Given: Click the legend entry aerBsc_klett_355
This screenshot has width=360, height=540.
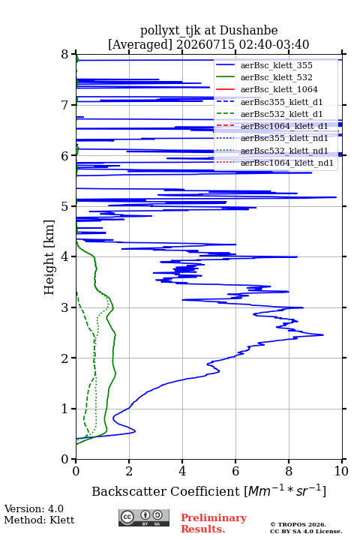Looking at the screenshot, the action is click(276, 65).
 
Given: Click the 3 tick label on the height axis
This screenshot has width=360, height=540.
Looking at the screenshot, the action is click(65, 307).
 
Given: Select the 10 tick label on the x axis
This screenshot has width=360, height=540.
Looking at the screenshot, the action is click(341, 471).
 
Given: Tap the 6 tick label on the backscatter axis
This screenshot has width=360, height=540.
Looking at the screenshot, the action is click(235, 471).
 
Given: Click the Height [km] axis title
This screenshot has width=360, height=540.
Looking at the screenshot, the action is click(49, 257).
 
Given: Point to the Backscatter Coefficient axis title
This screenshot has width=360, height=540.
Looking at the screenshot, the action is click(208, 490).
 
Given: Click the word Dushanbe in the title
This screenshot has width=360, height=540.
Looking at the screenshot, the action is click(248, 31).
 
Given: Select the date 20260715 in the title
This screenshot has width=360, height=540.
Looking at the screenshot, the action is click(205, 45).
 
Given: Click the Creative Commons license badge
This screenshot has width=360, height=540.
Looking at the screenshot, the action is click(144, 517).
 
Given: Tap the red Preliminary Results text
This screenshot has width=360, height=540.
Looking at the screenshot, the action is click(214, 523).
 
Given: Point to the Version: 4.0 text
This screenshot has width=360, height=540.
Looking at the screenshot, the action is click(34, 508).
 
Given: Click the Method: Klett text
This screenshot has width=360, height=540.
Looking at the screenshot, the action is click(39, 520).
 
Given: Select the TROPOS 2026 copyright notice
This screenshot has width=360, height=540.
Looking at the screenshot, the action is click(298, 524).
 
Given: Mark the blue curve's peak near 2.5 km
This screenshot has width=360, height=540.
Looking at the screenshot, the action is click(322, 334).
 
